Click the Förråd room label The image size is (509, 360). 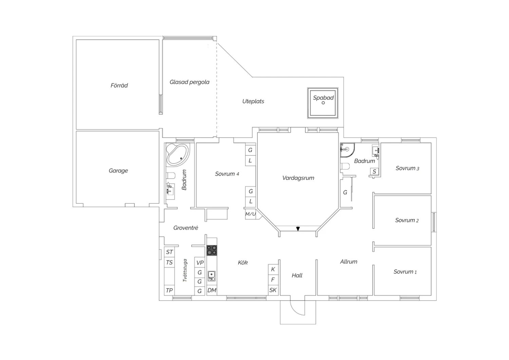[x=119, y=85]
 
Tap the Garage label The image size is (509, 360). [x=118, y=170]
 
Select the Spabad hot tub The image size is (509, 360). [x=323, y=103]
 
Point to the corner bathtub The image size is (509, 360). [x=177, y=154]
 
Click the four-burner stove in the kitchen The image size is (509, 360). [x=212, y=250]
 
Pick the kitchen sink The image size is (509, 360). [x=211, y=276]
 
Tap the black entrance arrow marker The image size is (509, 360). [x=298, y=229]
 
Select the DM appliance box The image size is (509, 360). [x=212, y=290]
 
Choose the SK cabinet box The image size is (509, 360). [x=273, y=290]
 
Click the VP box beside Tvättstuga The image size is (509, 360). [x=200, y=263]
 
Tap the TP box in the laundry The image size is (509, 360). [x=169, y=290]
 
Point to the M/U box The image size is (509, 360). [x=251, y=214]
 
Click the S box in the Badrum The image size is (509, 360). [x=374, y=172]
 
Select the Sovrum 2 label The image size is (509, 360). [x=407, y=220]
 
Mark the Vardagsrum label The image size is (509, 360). [x=298, y=178]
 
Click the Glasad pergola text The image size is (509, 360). [x=189, y=82]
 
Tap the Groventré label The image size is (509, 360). [x=186, y=228]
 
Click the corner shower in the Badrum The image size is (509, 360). [x=347, y=150]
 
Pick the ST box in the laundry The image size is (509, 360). [x=169, y=252]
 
